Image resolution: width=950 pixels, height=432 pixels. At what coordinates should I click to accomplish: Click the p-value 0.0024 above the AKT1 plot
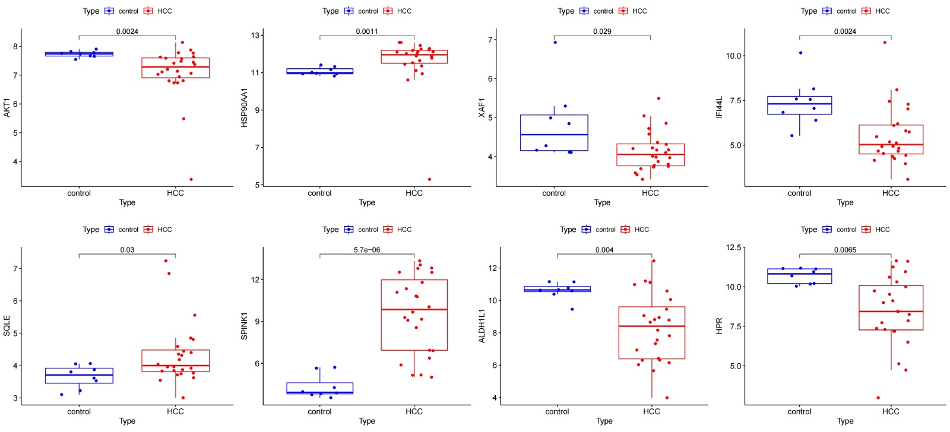[x=127, y=31]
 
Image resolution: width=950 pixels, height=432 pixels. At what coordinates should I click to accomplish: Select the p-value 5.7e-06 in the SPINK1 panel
[x=367, y=250]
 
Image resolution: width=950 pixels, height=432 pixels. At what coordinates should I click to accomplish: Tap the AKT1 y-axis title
[x=7, y=107]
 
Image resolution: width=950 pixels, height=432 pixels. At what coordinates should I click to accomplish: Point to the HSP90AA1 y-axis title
[x=244, y=107]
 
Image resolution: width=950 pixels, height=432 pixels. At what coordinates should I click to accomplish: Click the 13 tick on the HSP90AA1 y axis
[x=255, y=36]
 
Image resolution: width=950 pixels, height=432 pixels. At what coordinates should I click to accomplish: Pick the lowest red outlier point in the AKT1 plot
[x=191, y=179]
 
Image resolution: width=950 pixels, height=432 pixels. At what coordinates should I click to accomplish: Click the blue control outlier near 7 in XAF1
[x=555, y=42]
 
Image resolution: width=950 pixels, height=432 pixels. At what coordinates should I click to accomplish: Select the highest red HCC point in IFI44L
[x=885, y=42]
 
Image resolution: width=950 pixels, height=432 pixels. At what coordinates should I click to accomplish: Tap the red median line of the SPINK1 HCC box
[x=414, y=310]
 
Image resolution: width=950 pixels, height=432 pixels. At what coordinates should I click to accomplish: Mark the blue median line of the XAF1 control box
[x=554, y=135]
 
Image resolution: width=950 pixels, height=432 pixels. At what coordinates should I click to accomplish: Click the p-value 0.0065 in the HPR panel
[x=845, y=250]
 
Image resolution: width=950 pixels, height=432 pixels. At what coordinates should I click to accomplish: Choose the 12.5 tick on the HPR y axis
[x=733, y=247]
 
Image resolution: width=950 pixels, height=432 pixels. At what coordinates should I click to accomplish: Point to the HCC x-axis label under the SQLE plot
[x=175, y=411]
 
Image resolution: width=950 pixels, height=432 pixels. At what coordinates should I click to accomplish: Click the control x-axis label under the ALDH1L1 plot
[x=557, y=411]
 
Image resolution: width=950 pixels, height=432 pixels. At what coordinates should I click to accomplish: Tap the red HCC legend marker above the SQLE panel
[x=148, y=230]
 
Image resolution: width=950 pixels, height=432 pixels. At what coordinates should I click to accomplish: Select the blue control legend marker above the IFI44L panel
[x=827, y=11]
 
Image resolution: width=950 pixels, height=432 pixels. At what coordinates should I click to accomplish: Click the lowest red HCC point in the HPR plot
[x=878, y=398]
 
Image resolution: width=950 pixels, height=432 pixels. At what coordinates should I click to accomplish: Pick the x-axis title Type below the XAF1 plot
[x=602, y=202]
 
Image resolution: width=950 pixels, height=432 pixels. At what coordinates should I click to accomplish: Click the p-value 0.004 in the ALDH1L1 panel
[x=604, y=250]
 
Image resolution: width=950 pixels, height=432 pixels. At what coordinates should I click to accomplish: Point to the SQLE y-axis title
[x=7, y=326]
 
